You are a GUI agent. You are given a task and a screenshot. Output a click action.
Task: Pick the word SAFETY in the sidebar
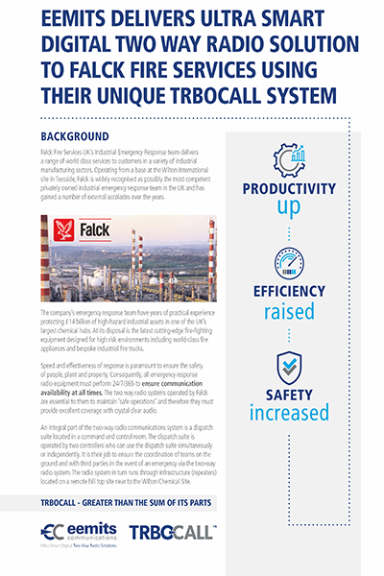pyautogui.click(x=289, y=395)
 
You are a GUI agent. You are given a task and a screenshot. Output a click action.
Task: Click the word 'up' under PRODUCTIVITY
pyautogui.click(x=289, y=206)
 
